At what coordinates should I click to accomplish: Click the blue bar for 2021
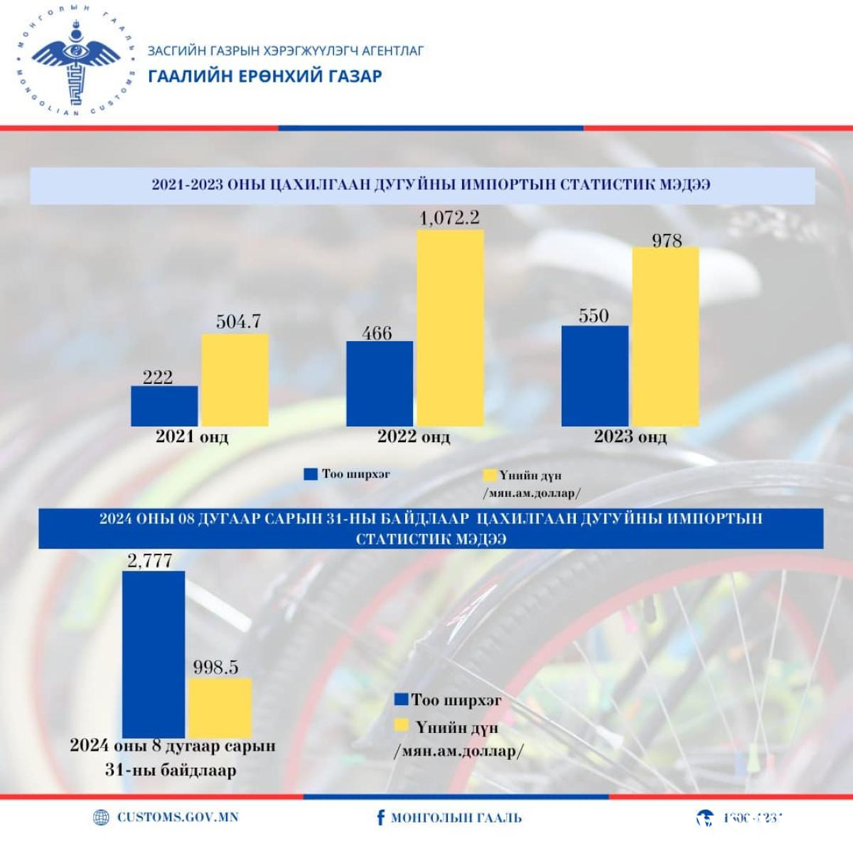pos(164,406)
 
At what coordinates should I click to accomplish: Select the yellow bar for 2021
pos(235,380)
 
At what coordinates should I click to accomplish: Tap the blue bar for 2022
pos(380,384)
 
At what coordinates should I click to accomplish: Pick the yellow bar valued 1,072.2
pos(450,328)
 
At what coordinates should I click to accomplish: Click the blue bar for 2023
pos(595,376)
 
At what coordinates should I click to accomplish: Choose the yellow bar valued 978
pos(665,336)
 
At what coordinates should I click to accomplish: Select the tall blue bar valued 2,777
pos(154,654)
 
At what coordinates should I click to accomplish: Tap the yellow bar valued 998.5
pos(220,708)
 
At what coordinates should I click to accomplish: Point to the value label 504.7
pos(238,322)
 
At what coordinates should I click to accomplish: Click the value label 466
pos(377,333)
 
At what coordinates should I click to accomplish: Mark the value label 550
pos(594,316)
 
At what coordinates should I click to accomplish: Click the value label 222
pos(158,377)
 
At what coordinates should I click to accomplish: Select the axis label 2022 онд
pos(414,436)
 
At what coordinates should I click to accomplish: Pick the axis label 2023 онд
pos(631,436)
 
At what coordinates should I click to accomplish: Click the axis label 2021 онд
pos(192,436)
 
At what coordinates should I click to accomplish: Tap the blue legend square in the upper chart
pos(311,474)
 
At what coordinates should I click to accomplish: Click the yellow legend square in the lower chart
pos(402,726)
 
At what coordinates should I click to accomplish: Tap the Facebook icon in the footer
pos(381,817)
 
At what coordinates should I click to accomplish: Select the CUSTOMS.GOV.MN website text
pos(178,817)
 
